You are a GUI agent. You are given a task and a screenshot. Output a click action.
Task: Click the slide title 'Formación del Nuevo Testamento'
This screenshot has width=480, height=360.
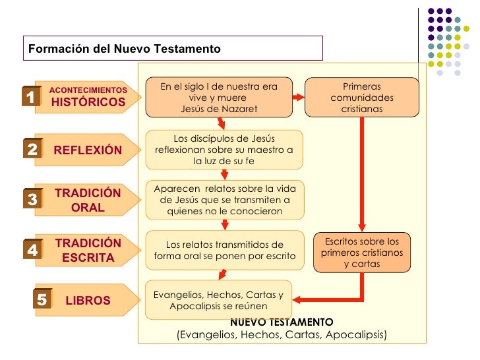(x=124, y=49)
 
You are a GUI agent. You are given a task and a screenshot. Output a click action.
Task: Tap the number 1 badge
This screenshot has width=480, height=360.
(x=30, y=98)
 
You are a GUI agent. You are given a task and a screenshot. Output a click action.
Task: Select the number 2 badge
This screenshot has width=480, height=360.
(x=32, y=150)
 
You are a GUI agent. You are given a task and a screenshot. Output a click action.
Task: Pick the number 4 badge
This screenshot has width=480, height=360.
(x=32, y=250)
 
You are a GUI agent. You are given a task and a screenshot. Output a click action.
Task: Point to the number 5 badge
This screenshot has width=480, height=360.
(x=42, y=300)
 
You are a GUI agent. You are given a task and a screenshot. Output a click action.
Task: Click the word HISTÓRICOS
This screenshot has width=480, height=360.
(x=88, y=102)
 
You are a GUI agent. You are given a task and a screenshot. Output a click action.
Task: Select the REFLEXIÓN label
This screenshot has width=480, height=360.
(x=88, y=150)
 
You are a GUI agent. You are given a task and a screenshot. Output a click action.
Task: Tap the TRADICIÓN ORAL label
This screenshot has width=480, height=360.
(x=88, y=200)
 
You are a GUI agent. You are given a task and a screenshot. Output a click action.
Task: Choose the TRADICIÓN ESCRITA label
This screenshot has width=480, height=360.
(x=88, y=250)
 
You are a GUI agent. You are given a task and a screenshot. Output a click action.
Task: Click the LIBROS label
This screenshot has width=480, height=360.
(x=88, y=301)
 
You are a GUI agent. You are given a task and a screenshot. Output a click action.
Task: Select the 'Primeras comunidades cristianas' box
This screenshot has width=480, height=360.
(x=361, y=98)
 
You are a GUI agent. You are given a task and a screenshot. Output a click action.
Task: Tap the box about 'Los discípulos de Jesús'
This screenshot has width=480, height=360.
(x=224, y=150)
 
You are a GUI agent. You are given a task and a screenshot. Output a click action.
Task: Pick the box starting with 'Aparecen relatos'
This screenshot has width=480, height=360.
(x=224, y=200)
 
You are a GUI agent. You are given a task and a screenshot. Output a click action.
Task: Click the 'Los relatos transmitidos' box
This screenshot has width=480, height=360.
(x=224, y=250)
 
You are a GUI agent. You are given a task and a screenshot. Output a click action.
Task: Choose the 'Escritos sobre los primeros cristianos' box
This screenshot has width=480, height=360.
(x=361, y=252)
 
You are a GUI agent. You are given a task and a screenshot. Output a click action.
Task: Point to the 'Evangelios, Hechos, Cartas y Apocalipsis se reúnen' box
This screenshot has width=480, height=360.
(x=218, y=300)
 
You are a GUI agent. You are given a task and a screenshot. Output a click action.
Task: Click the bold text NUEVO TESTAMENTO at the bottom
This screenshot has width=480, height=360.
(x=282, y=322)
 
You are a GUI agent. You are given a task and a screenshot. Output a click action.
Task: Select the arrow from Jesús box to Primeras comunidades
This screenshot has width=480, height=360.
(x=298, y=98)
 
